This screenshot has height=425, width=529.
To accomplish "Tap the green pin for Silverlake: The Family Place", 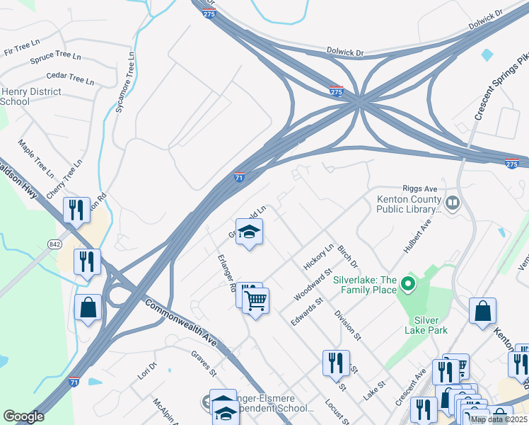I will pyautogui.click(x=407, y=285).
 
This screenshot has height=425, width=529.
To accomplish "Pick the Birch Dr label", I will pyautogui.click(x=347, y=255).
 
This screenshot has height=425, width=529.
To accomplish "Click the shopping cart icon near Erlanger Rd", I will pyautogui.click(x=255, y=300).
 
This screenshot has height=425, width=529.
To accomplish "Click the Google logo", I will pyautogui.click(x=23, y=416).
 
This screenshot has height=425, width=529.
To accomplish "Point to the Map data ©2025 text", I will pyautogui.click(x=498, y=419).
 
